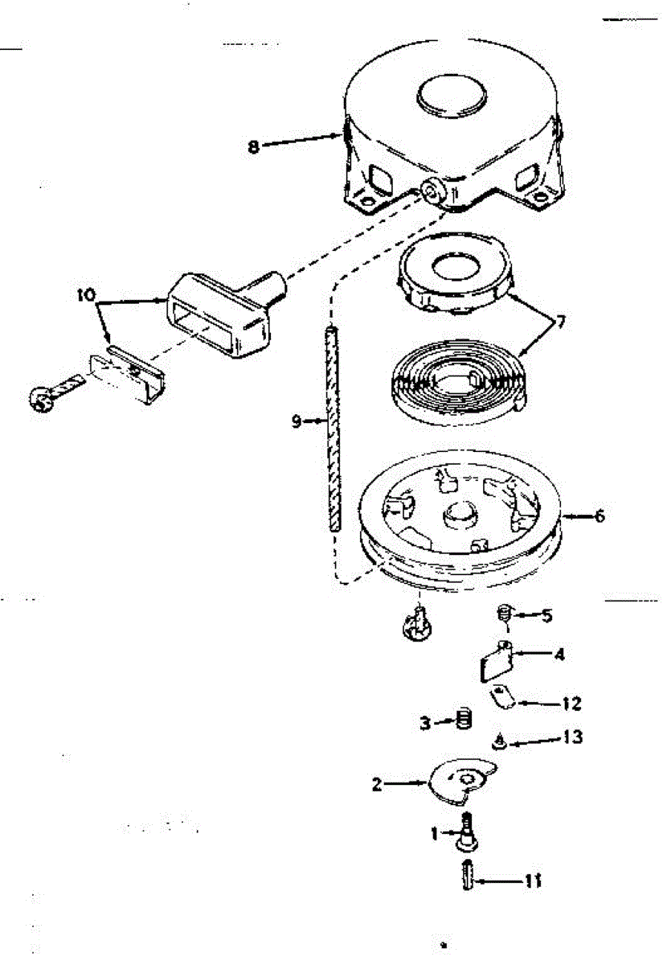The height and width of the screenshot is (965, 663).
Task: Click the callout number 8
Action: tap(254, 147)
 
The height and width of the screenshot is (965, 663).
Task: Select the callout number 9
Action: tap(297, 421)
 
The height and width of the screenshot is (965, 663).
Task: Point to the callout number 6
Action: tap(599, 516)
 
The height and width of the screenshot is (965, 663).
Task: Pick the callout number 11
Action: tap(532, 881)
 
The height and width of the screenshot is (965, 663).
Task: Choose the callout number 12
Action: tap(571, 703)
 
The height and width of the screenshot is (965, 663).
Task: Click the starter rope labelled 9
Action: tap(331, 426)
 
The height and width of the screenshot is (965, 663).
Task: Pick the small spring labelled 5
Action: tap(503, 617)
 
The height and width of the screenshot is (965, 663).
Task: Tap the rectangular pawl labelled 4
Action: tap(493, 664)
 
